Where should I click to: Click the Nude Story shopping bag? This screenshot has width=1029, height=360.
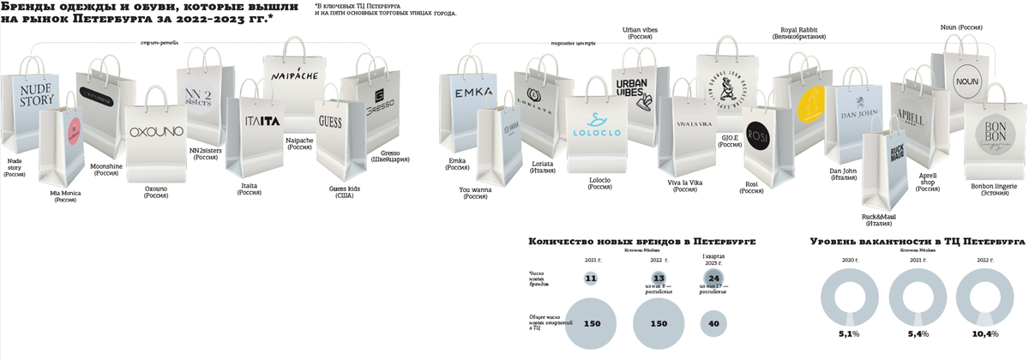(29, 111)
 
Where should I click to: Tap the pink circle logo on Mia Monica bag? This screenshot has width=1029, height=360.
(75, 129)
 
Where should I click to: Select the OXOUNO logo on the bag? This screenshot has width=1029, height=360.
(157, 132)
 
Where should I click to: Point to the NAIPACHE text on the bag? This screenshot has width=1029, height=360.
(295, 75)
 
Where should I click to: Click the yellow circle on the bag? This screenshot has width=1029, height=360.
(811, 107)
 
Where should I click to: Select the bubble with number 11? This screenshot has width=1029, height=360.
(590, 279)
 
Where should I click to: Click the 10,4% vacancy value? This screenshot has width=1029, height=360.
(986, 333)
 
